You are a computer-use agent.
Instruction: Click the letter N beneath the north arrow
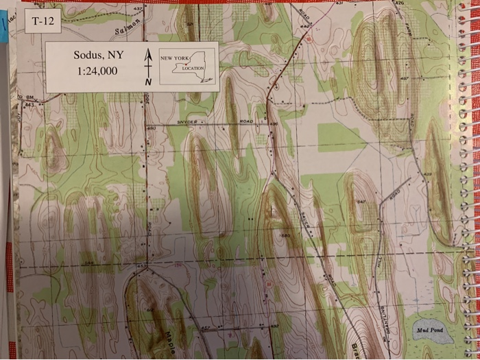coord(147,82)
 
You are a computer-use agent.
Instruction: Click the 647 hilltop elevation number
coord(361,202)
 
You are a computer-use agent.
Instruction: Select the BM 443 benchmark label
coord(29,101)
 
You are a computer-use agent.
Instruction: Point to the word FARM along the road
coord(409,29)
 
